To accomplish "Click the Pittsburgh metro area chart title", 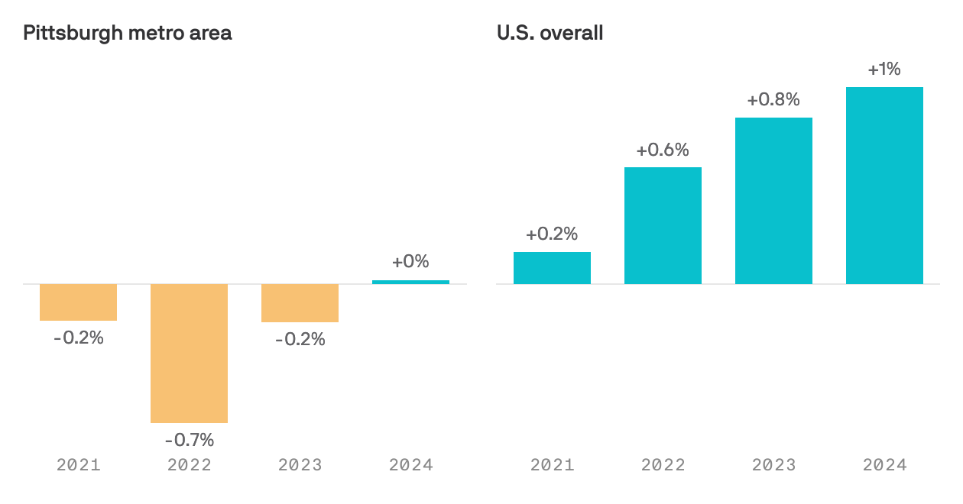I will [128, 33].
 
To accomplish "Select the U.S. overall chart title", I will [550, 33].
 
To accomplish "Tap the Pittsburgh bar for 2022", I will [189, 353].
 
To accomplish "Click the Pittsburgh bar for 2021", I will [78, 302].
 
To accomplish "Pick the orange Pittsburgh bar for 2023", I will [300, 303].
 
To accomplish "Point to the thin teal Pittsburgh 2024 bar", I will [410, 282].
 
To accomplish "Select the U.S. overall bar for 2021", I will [552, 268].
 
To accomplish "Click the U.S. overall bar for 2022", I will [663, 225].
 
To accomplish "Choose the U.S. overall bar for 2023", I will [773, 201].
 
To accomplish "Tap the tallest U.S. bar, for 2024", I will [884, 186].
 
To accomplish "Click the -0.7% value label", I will [189, 440].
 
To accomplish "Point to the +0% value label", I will [410, 262].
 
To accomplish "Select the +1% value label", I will [884, 69].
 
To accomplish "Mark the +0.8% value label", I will [773, 99].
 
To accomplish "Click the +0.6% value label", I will [663, 150].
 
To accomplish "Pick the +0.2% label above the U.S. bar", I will [552, 234].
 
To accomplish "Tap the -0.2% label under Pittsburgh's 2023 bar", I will [300, 339].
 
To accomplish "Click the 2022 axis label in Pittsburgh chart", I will [189, 464].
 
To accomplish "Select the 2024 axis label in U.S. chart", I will [884, 464].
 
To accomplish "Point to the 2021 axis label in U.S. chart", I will [552, 464].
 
